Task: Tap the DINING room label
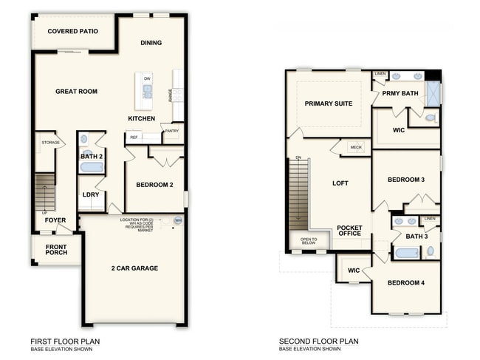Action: coord(151,43)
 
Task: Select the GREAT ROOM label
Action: coord(76,92)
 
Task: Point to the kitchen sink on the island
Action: coord(147,91)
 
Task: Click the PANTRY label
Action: coord(171,131)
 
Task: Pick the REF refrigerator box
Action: coord(134,137)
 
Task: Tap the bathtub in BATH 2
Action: coord(92,167)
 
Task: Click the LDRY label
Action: coord(91,195)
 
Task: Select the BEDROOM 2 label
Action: coord(154,185)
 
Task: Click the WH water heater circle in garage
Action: coord(177,220)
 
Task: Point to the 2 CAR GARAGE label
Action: coord(134,268)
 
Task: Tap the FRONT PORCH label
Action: coord(55,250)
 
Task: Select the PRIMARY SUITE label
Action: coord(329,103)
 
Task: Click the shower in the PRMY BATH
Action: coord(433,94)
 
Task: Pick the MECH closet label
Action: coord(356,148)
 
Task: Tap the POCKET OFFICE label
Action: coord(349,230)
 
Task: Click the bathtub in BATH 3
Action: coord(407,253)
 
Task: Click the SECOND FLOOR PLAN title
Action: coord(318,342)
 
